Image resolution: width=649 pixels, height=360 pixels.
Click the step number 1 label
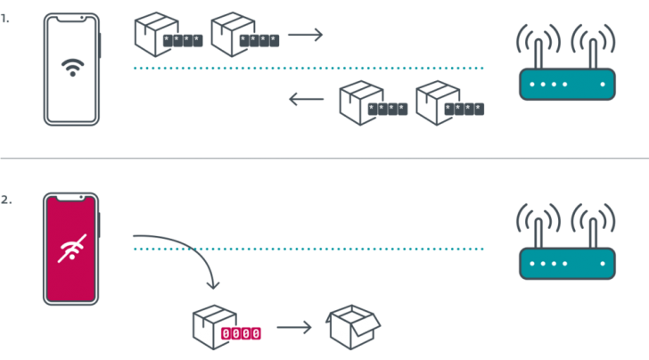pos(6,17)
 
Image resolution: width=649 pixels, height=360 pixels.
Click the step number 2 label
pos(6,200)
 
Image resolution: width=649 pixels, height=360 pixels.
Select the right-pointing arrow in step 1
pos(305,36)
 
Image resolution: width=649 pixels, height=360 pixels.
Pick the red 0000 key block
pos(242,333)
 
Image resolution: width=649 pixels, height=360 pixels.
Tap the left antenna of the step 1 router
pos(538,45)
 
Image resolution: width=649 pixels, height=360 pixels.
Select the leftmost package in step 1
pos(150,34)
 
